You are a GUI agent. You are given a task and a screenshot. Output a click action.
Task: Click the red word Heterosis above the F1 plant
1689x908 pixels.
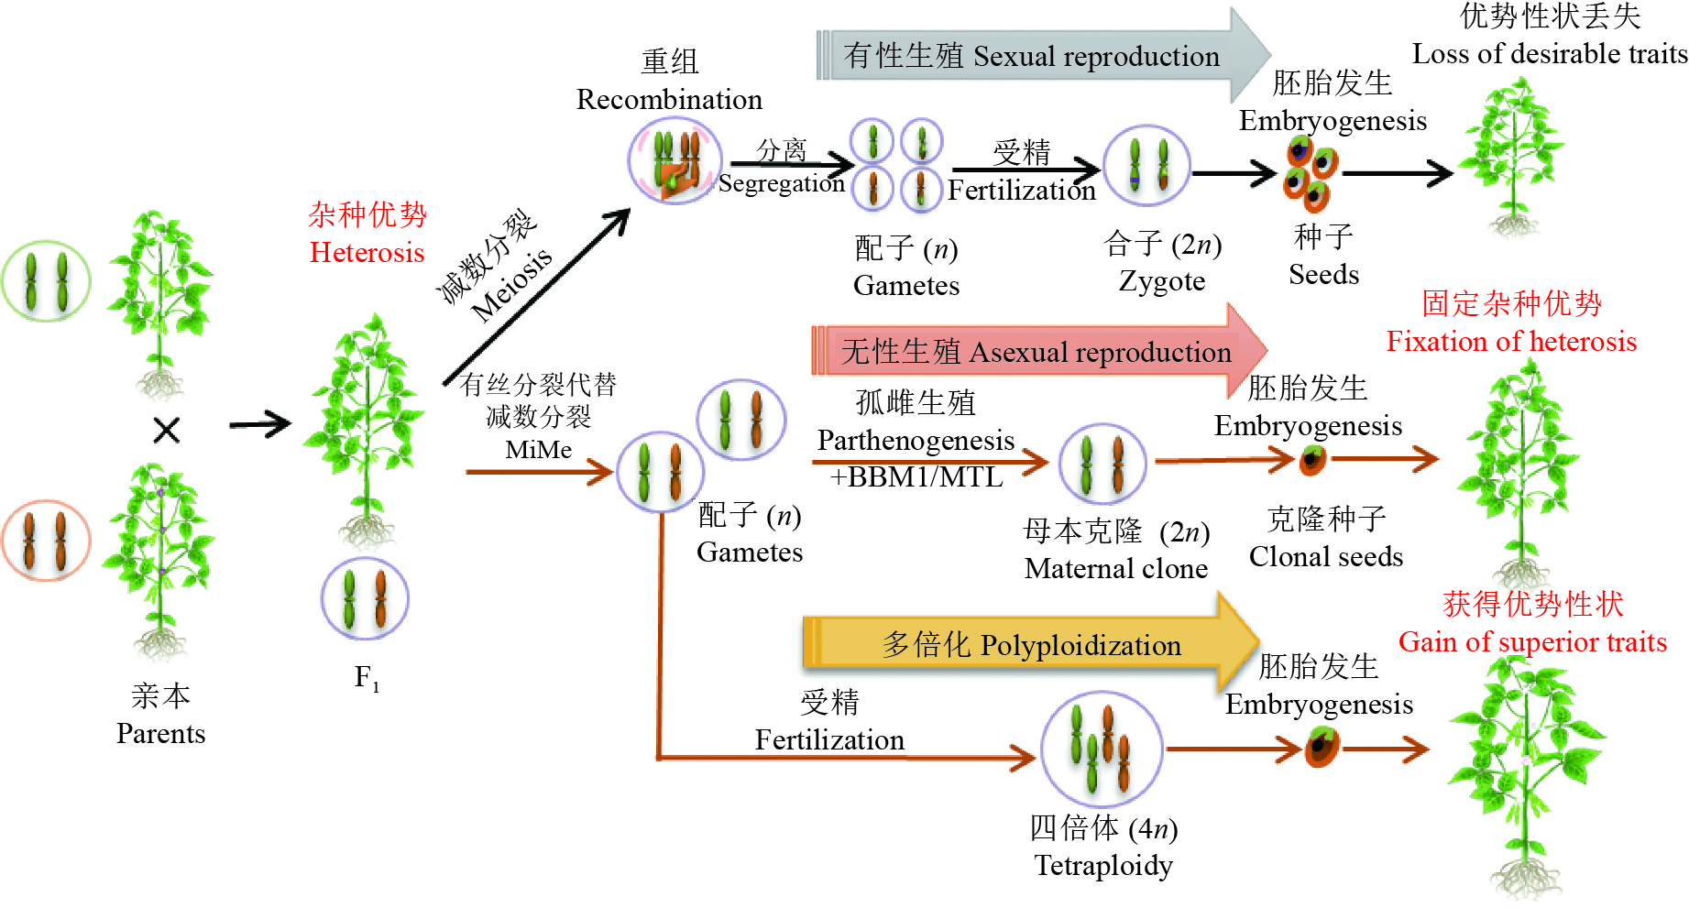pos(367,252)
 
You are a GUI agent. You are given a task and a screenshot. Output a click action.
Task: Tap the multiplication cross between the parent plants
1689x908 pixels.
pos(167,430)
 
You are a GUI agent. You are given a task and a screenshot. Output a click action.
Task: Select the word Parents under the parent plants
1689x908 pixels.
pos(160,734)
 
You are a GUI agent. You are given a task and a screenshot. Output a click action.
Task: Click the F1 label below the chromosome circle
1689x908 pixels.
pos(367,678)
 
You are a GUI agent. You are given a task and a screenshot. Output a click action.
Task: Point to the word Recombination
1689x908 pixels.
pos(669,99)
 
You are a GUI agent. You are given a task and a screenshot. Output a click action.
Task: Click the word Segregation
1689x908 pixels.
pos(781,183)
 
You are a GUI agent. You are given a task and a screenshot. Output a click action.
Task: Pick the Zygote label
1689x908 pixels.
pos(1162,280)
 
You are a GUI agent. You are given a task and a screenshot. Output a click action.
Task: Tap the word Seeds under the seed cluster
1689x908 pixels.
pos(1323,274)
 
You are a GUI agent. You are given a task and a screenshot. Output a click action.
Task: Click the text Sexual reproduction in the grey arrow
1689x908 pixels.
pos(1096,57)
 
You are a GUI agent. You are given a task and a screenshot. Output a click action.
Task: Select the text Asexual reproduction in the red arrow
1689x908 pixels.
pos(1100,353)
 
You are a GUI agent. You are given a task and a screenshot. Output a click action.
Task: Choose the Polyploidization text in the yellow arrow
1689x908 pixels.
pos(1080,646)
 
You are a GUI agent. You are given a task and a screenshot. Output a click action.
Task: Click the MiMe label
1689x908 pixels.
pos(538,450)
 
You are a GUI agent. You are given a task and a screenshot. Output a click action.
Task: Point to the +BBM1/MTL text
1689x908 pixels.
pos(916,476)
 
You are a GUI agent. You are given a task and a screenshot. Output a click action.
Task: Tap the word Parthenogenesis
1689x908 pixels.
pos(916,441)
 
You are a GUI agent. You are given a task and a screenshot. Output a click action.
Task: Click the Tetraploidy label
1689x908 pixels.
pos(1103,865)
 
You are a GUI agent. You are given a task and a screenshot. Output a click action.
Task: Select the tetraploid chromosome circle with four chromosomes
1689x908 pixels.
pos(1102,749)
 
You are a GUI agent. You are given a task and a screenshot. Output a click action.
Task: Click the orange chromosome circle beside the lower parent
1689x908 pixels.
pos(46,541)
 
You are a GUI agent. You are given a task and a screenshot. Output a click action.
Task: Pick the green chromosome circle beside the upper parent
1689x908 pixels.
pos(46,281)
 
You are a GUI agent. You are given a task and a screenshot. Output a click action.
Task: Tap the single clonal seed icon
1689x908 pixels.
pos(1312,459)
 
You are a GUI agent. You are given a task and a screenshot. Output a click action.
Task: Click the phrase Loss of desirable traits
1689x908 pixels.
pos(1550,54)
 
